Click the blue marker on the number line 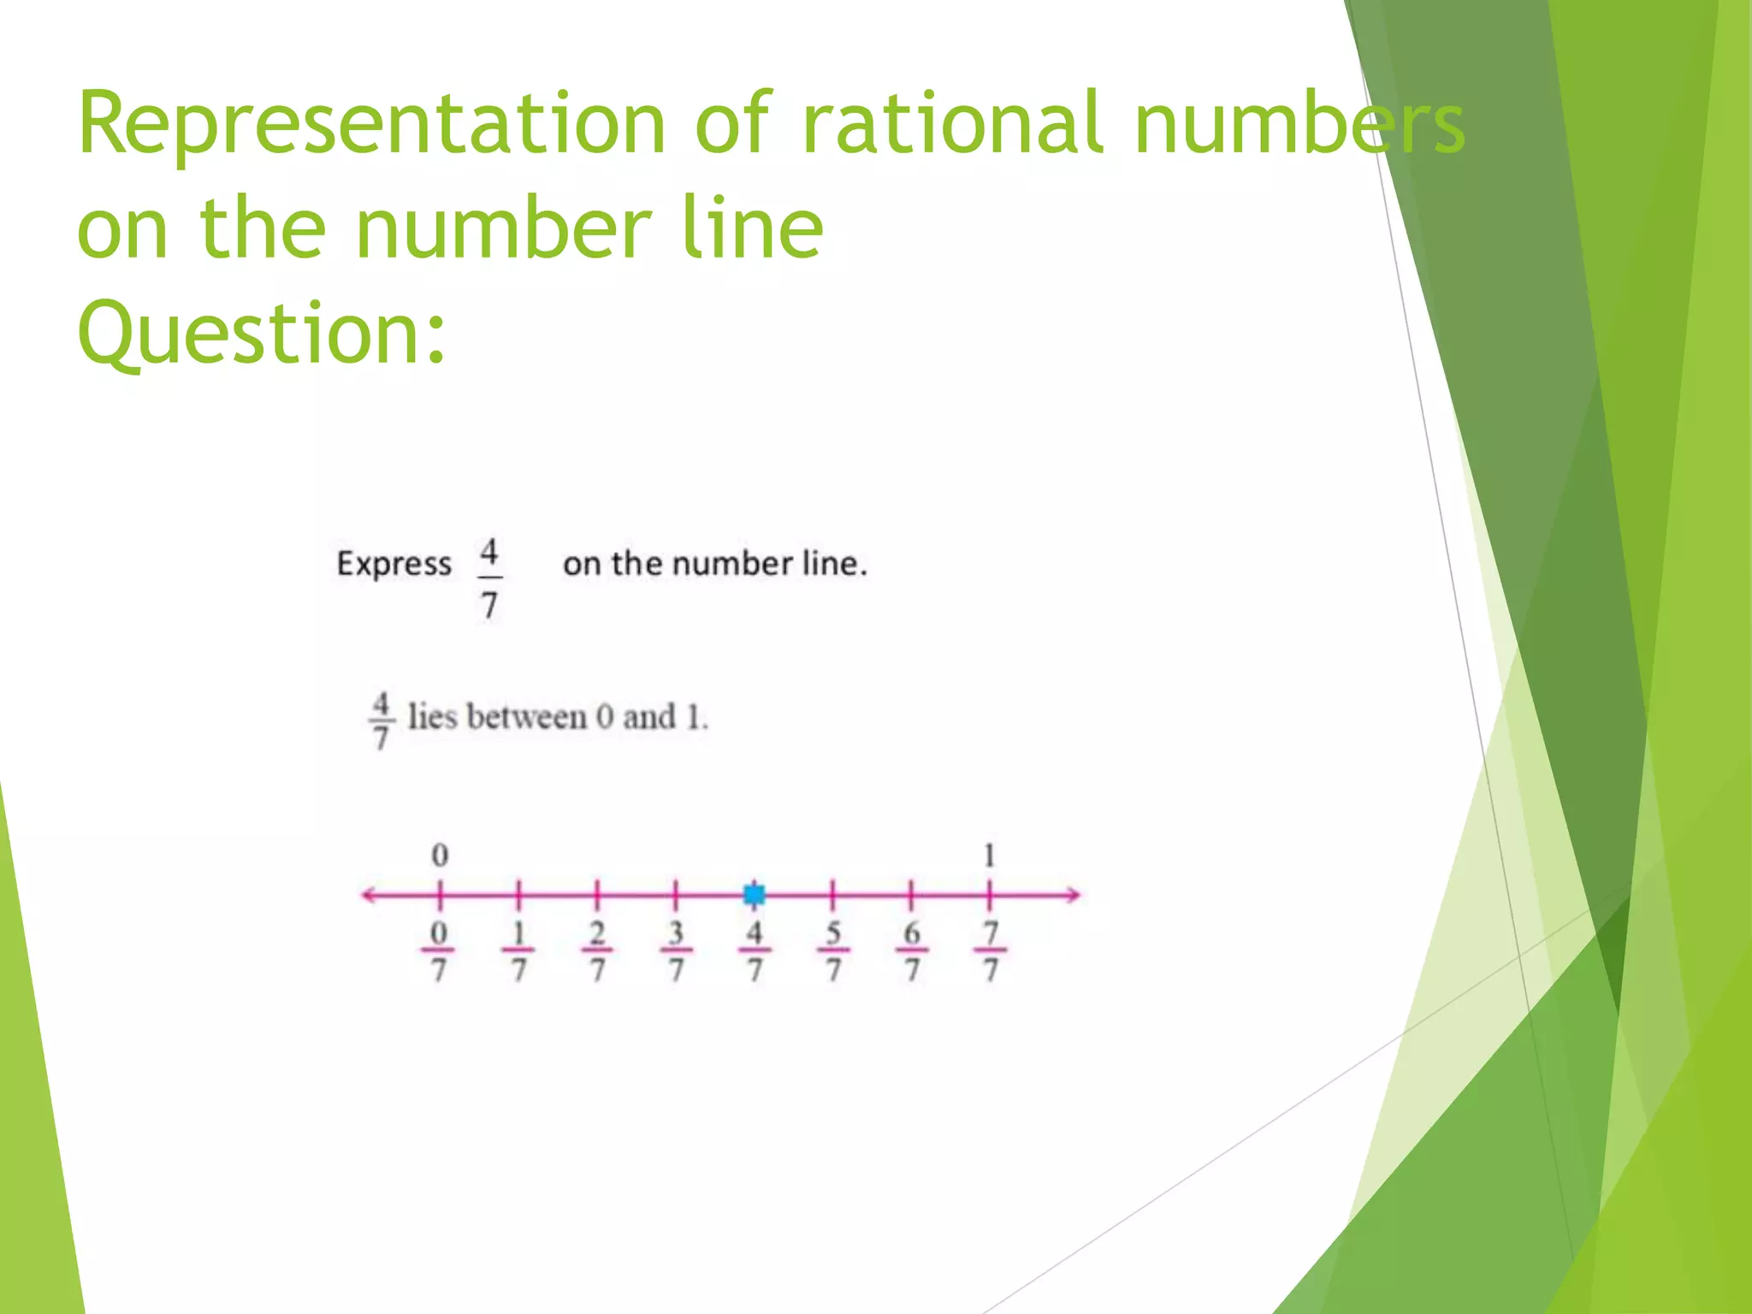754,895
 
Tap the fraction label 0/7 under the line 438,950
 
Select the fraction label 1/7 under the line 518,950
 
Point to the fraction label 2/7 597,950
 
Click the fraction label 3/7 676,950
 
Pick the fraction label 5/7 833,950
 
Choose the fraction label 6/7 912,950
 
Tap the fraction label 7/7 991,950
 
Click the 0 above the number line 440,855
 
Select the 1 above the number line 990,855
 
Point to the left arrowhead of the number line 368,895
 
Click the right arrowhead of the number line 1074,895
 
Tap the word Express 394,564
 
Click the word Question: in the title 262,333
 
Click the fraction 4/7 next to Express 489,578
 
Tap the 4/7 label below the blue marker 754,950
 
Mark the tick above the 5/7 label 832,895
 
